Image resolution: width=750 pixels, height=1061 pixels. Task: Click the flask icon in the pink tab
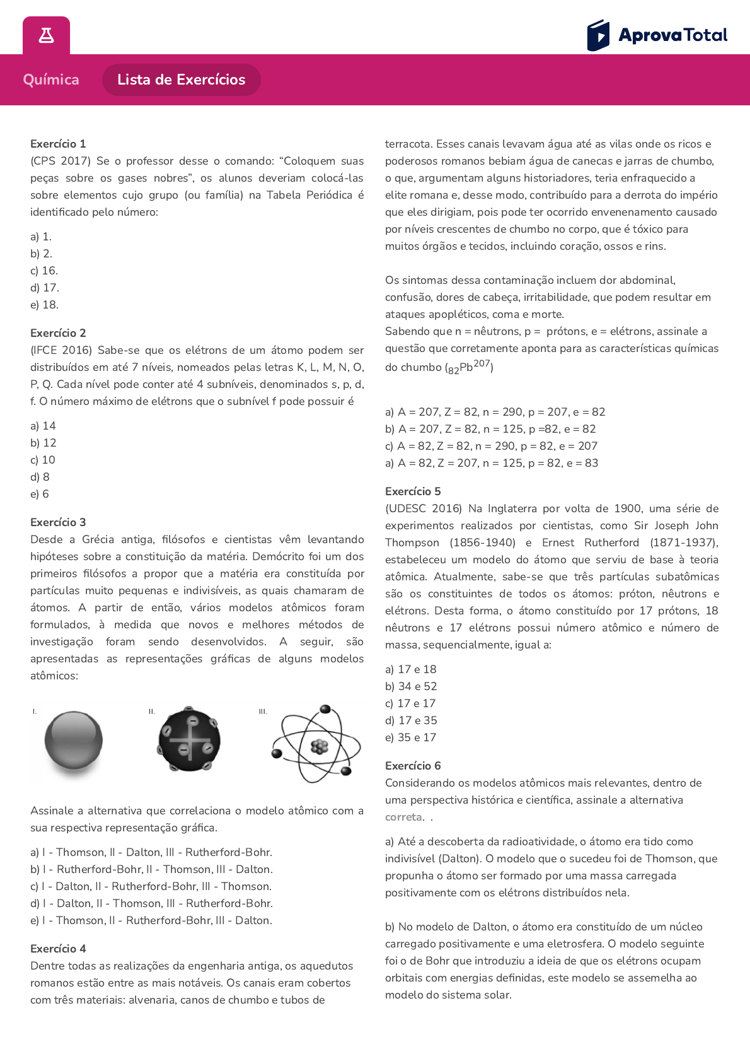click(x=46, y=35)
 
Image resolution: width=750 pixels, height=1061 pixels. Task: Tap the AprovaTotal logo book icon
click(x=598, y=35)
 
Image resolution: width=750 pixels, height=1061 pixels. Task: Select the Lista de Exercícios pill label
click(x=181, y=79)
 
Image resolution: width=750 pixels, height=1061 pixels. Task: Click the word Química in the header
click(x=51, y=79)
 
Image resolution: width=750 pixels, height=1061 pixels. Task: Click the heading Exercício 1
click(x=58, y=144)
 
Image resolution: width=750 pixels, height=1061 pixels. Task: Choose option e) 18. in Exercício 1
click(x=44, y=305)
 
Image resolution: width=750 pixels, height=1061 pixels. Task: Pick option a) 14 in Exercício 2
click(x=43, y=426)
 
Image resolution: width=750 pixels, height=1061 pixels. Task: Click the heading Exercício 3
click(x=58, y=522)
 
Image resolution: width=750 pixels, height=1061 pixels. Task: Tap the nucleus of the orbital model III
click(x=320, y=747)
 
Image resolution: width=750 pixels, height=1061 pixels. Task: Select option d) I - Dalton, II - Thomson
click(x=151, y=903)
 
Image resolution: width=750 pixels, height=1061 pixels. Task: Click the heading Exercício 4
click(x=58, y=949)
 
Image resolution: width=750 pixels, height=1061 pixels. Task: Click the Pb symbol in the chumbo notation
click(x=466, y=367)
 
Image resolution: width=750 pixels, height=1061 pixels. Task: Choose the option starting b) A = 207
click(x=490, y=429)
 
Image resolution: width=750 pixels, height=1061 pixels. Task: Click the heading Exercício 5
click(x=413, y=491)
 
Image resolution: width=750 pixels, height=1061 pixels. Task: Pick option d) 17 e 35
click(x=411, y=720)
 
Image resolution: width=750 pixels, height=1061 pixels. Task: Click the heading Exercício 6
click(x=413, y=766)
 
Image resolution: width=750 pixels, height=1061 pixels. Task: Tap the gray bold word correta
click(x=403, y=817)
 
